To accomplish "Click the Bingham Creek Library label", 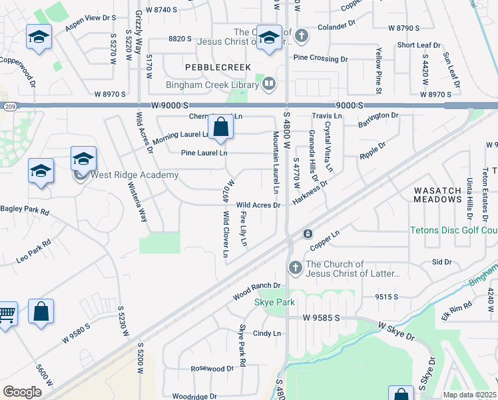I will [x=212, y=85].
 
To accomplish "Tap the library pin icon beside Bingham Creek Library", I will [x=269, y=84].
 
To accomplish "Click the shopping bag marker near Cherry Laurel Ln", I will [x=220, y=127].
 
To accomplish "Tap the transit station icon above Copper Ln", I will [x=308, y=234].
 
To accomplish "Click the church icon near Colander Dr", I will [x=301, y=35].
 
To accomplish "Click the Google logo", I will [x=23, y=392].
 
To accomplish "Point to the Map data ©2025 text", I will [x=470, y=395].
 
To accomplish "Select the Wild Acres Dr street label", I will [x=258, y=205].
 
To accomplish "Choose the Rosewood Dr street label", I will [x=212, y=368].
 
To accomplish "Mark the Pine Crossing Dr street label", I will [x=321, y=59].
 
